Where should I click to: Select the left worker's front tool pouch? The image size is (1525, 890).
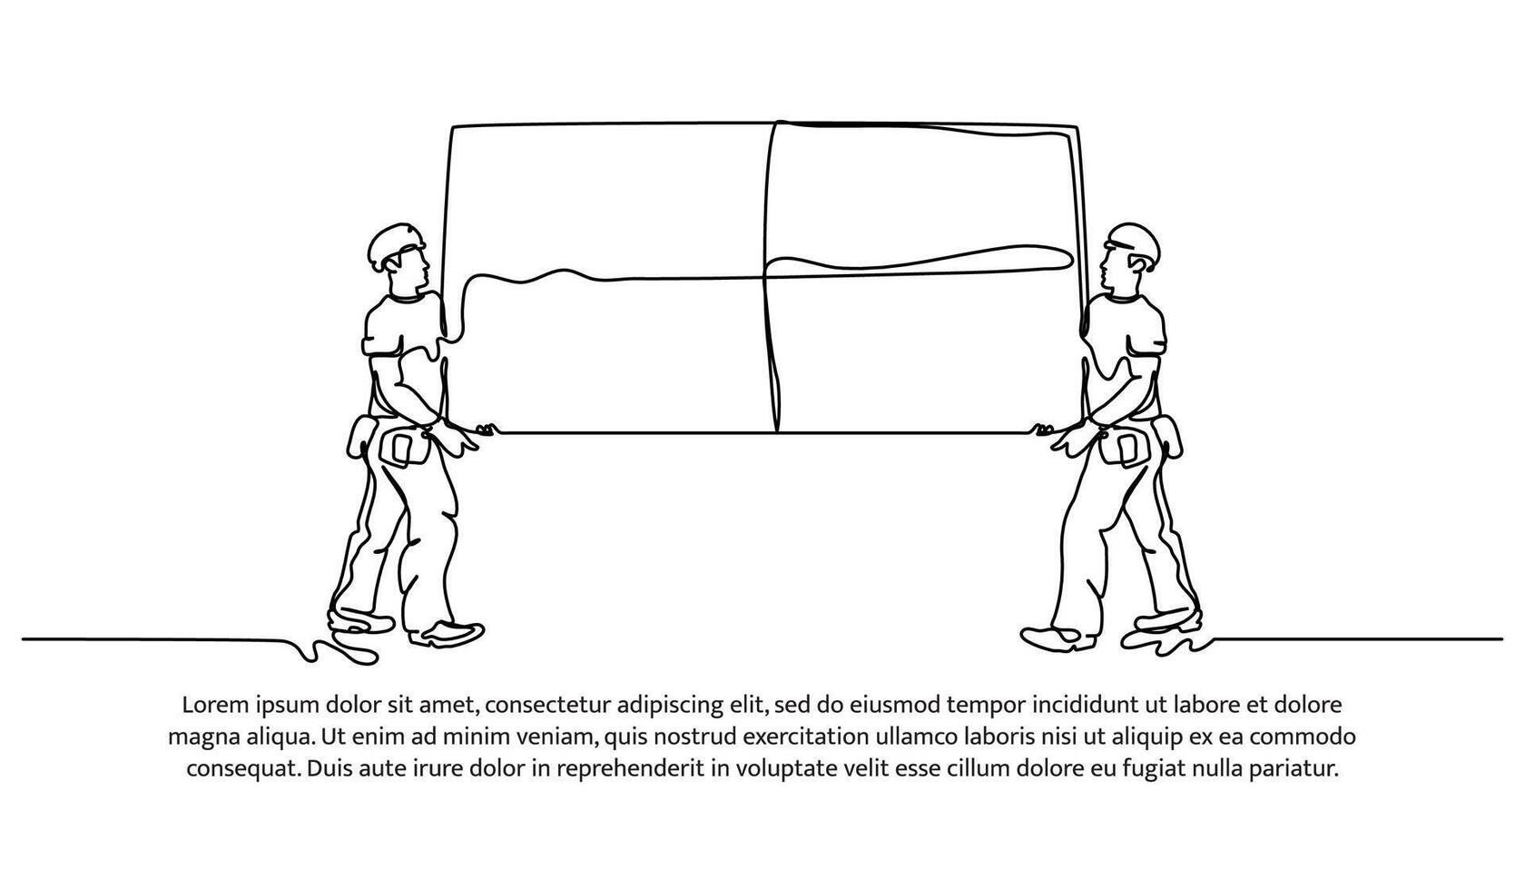404,447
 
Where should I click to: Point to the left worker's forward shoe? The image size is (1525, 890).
448,633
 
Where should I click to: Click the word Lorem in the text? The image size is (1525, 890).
216,705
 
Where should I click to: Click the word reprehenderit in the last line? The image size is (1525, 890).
630,769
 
